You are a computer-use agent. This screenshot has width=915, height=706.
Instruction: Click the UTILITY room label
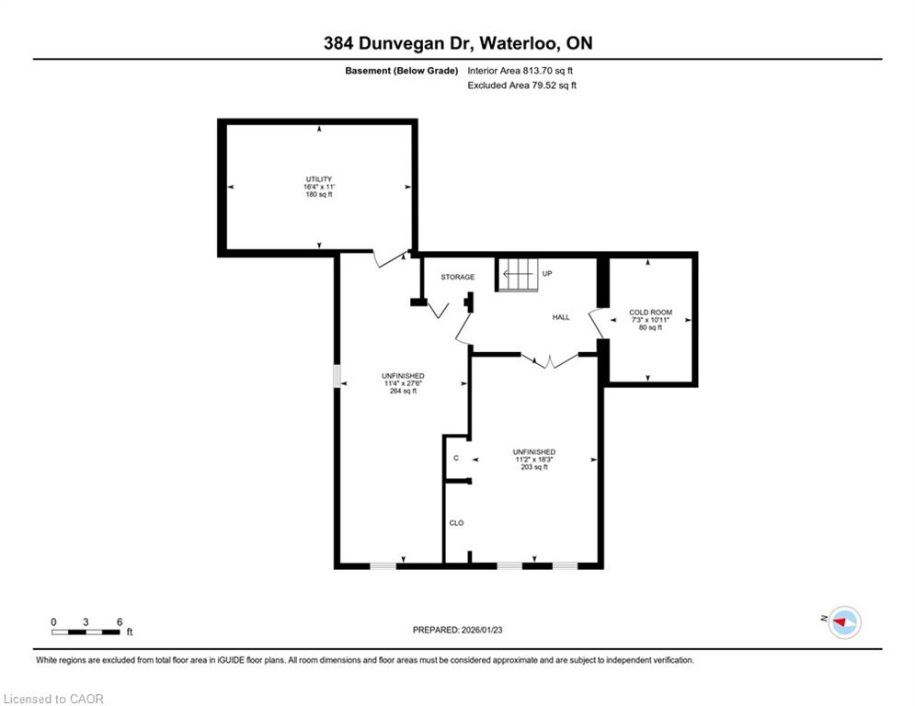click(x=318, y=179)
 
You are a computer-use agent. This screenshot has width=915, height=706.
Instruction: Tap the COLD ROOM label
click(x=650, y=313)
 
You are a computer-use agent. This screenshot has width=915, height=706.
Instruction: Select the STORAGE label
click(x=458, y=277)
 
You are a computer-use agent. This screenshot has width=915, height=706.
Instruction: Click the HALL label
click(x=561, y=317)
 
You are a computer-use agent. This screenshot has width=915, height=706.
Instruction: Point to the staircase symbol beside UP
click(x=517, y=274)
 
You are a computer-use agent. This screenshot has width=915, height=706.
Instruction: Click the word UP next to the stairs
click(x=547, y=273)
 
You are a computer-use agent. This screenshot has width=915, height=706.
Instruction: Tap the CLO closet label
click(x=456, y=523)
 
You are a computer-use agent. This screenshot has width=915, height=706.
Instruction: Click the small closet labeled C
click(x=456, y=458)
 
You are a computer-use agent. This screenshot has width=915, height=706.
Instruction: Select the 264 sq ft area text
click(x=403, y=391)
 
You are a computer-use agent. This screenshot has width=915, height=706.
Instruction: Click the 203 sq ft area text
click(x=534, y=467)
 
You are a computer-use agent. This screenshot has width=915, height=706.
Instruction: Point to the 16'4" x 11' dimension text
click(x=318, y=187)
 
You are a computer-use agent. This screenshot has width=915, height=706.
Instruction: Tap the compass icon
click(x=844, y=622)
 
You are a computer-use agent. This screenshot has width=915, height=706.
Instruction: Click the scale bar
click(x=86, y=632)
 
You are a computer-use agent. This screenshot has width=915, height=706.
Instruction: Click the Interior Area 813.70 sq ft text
click(x=520, y=71)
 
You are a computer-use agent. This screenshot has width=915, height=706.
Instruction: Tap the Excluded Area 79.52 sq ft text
click(x=521, y=85)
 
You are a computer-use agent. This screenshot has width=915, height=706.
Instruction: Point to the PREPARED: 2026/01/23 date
click(x=458, y=630)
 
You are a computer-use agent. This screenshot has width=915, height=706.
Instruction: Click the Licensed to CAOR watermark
click(x=53, y=699)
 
